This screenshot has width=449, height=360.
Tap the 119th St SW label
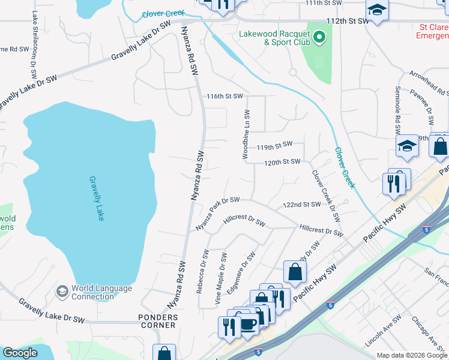coord(274,145)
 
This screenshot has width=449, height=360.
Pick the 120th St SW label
coord(282,162)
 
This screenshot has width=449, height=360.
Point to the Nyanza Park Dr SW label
coord(217,214)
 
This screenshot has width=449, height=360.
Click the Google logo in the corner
coord(20,353)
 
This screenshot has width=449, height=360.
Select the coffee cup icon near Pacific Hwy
coord(250,325)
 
